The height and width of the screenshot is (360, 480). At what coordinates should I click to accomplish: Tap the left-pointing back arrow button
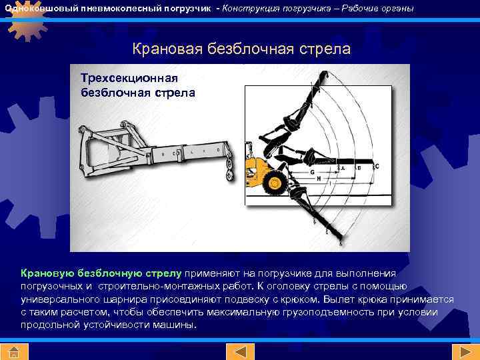tap(239, 352)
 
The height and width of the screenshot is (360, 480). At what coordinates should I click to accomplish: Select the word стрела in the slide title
tap(323, 49)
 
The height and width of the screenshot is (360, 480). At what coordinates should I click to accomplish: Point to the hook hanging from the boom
tap(231, 173)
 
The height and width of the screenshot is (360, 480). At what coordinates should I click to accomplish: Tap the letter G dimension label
tap(312, 172)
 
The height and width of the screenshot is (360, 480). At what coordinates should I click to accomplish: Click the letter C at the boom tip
tap(377, 166)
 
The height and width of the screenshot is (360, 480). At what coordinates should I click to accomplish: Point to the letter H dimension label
tap(319, 179)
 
